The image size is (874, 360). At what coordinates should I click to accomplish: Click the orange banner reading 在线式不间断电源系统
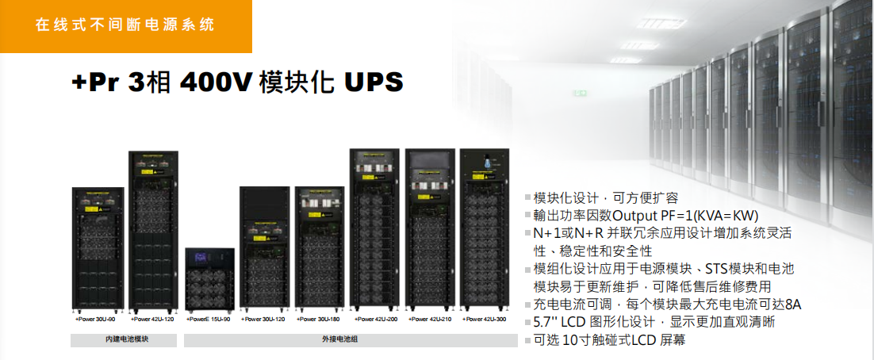(x=125, y=25)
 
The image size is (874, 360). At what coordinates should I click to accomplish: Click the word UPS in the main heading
(x=374, y=82)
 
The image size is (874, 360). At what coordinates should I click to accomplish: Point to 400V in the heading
(x=217, y=82)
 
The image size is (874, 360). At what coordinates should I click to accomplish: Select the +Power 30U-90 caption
(x=95, y=320)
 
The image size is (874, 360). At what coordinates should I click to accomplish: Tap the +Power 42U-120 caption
(x=151, y=320)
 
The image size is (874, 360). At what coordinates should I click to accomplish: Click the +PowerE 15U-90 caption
(x=209, y=320)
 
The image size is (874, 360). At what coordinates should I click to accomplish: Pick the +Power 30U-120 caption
(x=264, y=320)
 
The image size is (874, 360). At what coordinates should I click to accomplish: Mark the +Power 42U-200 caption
(x=376, y=320)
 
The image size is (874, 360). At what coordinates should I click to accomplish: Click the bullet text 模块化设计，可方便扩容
(x=607, y=197)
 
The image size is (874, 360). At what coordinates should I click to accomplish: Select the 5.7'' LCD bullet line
(x=655, y=322)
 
